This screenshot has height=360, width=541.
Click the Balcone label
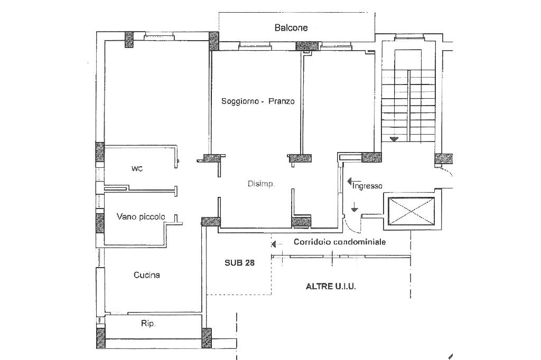[x=291, y=27]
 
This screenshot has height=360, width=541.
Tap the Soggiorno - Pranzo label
[x=258, y=101]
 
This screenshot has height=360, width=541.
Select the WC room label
[x=137, y=168]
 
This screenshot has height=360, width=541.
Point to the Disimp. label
[x=261, y=184]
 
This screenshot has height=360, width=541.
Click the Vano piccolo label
[x=141, y=216]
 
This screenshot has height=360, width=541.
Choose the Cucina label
[x=147, y=275]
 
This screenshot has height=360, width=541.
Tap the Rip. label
[x=148, y=324]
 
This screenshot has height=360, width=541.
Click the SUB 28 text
[x=239, y=263]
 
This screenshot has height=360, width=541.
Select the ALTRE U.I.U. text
[x=331, y=286]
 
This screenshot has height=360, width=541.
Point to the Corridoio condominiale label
[x=340, y=242]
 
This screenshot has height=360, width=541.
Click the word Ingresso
[x=367, y=186]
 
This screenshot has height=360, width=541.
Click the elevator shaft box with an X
[x=411, y=211]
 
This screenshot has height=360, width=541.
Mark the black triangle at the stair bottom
[x=394, y=139]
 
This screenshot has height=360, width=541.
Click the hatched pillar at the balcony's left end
[x=214, y=41]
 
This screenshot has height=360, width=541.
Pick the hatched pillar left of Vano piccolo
[x=100, y=223]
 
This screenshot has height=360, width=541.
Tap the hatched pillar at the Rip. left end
[x=101, y=338]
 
